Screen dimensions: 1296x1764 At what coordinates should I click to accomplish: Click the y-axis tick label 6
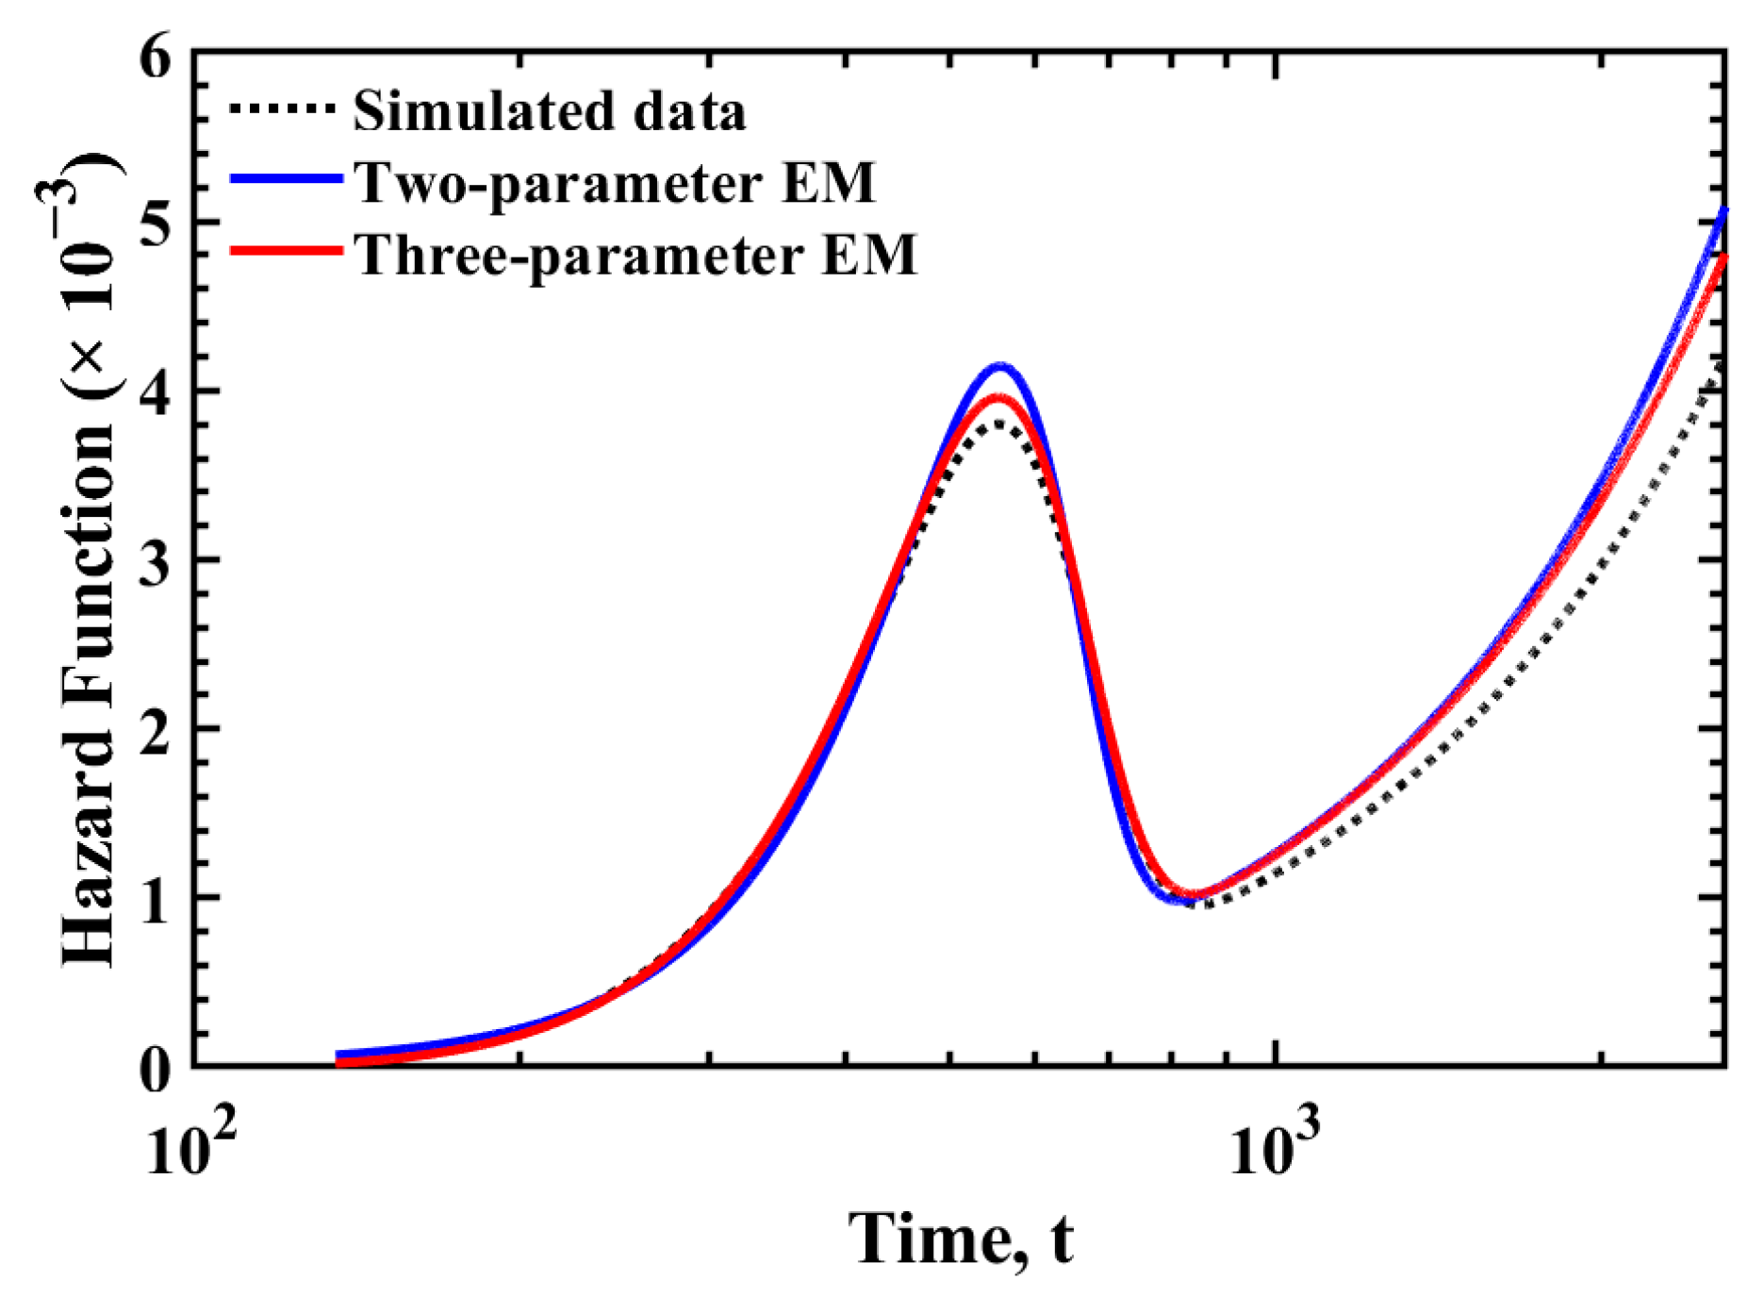click(x=156, y=58)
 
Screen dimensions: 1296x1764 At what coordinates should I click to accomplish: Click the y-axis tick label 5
click(x=156, y=224)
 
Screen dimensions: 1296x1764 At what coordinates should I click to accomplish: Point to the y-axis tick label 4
click(x=156, y=391)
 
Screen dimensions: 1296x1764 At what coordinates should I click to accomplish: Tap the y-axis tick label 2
click(x=156, y=729)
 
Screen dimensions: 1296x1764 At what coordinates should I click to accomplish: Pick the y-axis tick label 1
click(x=156, y=898)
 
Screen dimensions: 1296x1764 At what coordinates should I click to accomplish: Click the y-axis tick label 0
click(x=156, y=1070)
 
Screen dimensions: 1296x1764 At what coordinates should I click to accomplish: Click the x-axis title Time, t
click(x=961, y=1238)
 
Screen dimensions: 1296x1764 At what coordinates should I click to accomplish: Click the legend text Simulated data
click(x=550, y=111)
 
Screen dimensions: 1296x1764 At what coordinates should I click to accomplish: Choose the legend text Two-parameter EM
click(x=615, y=182)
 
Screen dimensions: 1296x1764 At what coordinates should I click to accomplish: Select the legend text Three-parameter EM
click(x=635, y=254)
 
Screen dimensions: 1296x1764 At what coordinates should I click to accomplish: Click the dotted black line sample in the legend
click(x=283, y=109)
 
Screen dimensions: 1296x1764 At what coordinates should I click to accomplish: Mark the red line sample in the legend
click(x=286, y=250)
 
